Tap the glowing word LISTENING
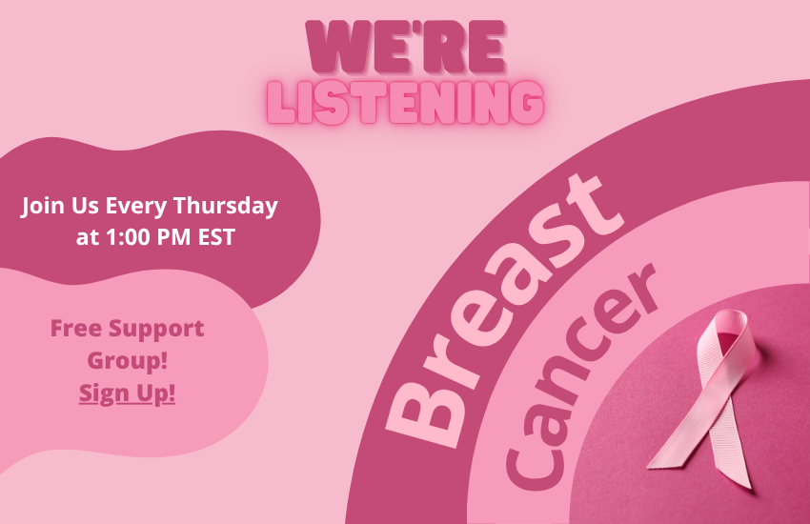point(405,102)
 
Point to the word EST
point(214,236)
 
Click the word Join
point(42,205)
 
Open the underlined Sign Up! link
point(128,393)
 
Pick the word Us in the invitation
point(86,205)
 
